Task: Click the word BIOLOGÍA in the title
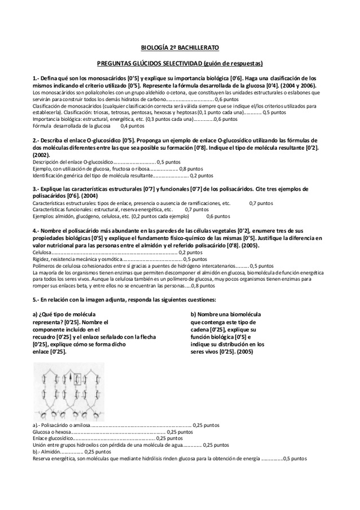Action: point(153,47)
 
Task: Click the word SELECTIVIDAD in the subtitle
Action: point(178,63)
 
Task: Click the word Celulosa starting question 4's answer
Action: point(41,253)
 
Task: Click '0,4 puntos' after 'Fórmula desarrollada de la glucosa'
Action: point(132,126)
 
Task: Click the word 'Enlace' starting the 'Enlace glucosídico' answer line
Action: point(40,438)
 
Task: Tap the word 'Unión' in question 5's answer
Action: point(40,445)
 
